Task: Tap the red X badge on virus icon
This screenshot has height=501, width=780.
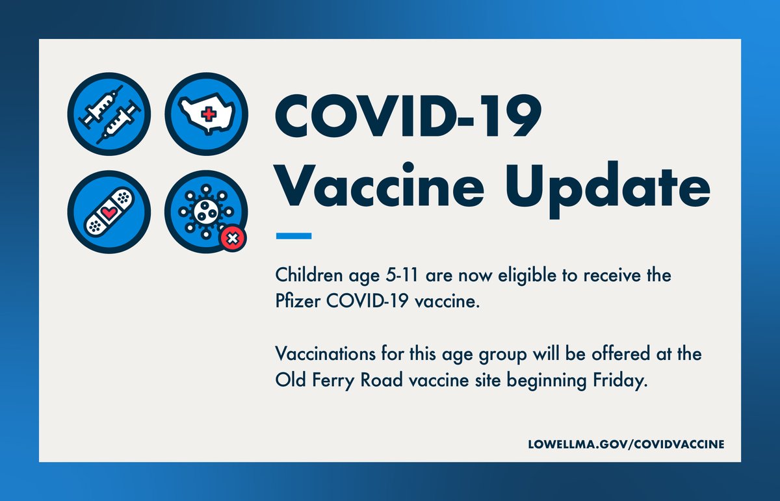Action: (x=233, y=239)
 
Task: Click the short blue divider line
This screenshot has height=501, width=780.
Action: (x=294, y=236)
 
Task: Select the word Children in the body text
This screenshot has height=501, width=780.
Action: (x=306, y=276)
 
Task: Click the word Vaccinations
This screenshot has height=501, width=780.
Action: (x=322, y=355)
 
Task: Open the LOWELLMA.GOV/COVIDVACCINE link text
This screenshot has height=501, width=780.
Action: (x=626, y=444)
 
